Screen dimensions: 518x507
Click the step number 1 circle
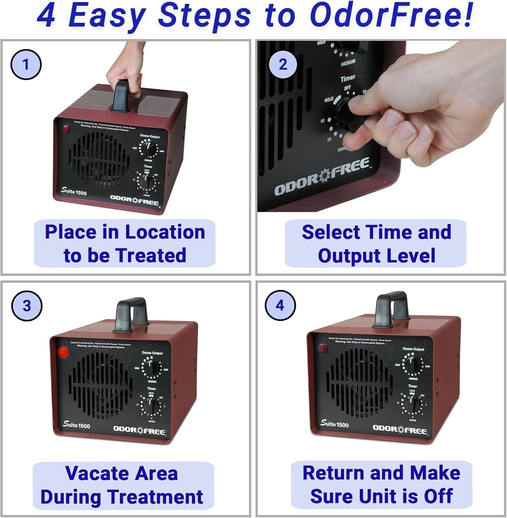click(26, 65)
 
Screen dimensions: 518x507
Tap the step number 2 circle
click(283, 65)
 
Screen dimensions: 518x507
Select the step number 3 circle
click(27, 306)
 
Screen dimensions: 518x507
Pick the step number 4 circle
click(280, 305)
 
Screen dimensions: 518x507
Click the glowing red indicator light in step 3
click(63, 352)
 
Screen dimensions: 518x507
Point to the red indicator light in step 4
click(322, 347)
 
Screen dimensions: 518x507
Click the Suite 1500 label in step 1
click(74, 191)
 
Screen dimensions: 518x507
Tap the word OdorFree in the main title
click(391, 16)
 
